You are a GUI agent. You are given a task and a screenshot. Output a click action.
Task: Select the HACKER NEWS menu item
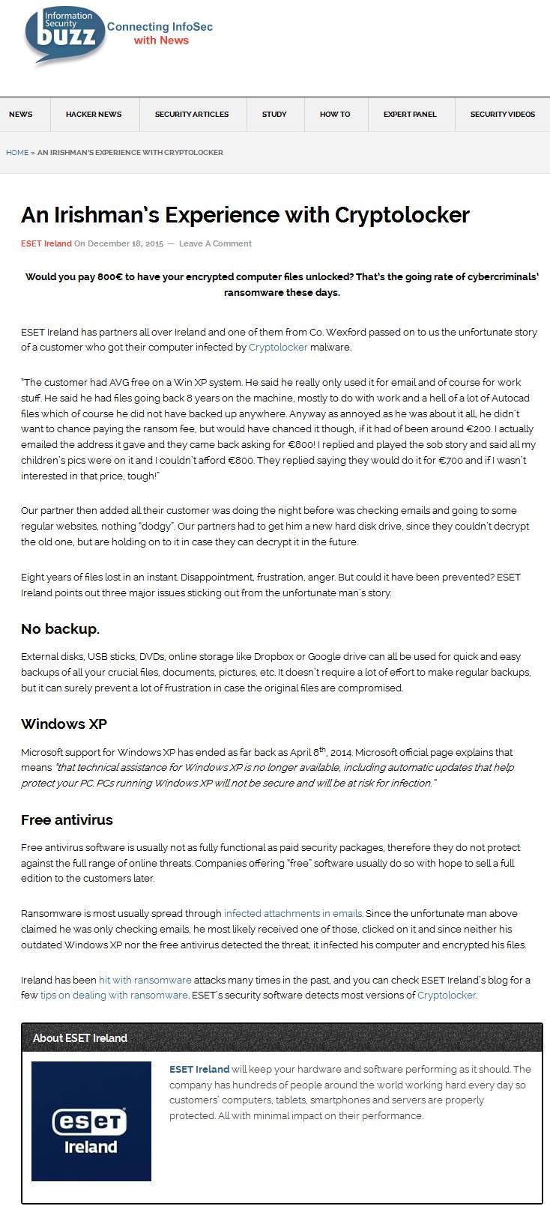tap(94, 115)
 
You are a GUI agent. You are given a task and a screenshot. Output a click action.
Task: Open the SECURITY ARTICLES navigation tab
tap(192, 115)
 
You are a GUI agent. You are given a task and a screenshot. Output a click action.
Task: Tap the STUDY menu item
tap(274, 115)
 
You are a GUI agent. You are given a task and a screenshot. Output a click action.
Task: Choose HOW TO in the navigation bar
tap(335, 115)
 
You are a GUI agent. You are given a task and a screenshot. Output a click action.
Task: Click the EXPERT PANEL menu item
tap(410, 115)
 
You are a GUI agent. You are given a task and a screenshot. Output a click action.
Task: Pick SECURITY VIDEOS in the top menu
tap(502, 115)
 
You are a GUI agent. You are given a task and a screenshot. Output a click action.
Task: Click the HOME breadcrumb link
tap(17, 153)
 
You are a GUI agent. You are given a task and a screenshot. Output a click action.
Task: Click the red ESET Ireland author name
tap(46, 244)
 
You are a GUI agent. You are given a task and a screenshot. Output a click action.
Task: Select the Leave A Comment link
tap(215, 244)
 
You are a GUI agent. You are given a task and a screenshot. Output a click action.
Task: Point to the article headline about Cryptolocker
tap(245, 216)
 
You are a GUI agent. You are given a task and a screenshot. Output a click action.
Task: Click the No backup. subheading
tap(60, 629)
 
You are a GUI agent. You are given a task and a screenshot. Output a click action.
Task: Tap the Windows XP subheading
tap(64, 724)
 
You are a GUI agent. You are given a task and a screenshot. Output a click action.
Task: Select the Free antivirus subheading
tap(67, 820)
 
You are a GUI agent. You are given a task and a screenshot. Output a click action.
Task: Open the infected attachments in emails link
tap(293, 914)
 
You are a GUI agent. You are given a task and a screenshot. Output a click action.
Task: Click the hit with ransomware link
tap(145, 981)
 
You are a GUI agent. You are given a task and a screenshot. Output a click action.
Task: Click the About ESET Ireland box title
tap(80, 1038)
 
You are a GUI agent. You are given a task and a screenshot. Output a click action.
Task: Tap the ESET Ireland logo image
tap(91, 1121)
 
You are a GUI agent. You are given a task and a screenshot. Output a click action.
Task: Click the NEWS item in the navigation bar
tap(21, 115)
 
